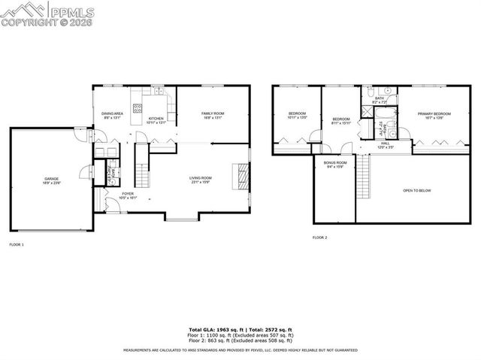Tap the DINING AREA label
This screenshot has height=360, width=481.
click(x=113, y=113)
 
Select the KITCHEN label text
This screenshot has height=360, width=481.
click(x=156, y=119)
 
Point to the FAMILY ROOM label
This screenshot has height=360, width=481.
click(x=213, y=113)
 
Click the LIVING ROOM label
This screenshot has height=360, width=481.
click(x=201, y=177)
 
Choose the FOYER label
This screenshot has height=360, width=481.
click(x=128, y=194)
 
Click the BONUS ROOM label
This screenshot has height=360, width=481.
click(x=335, y=163)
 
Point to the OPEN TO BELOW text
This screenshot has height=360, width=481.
click(x=416, y=190)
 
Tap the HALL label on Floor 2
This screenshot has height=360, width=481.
click(x=385, y=143)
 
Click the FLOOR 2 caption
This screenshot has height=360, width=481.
click(x=319, y=237)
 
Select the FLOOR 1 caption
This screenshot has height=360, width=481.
click(x=17, y=245)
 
